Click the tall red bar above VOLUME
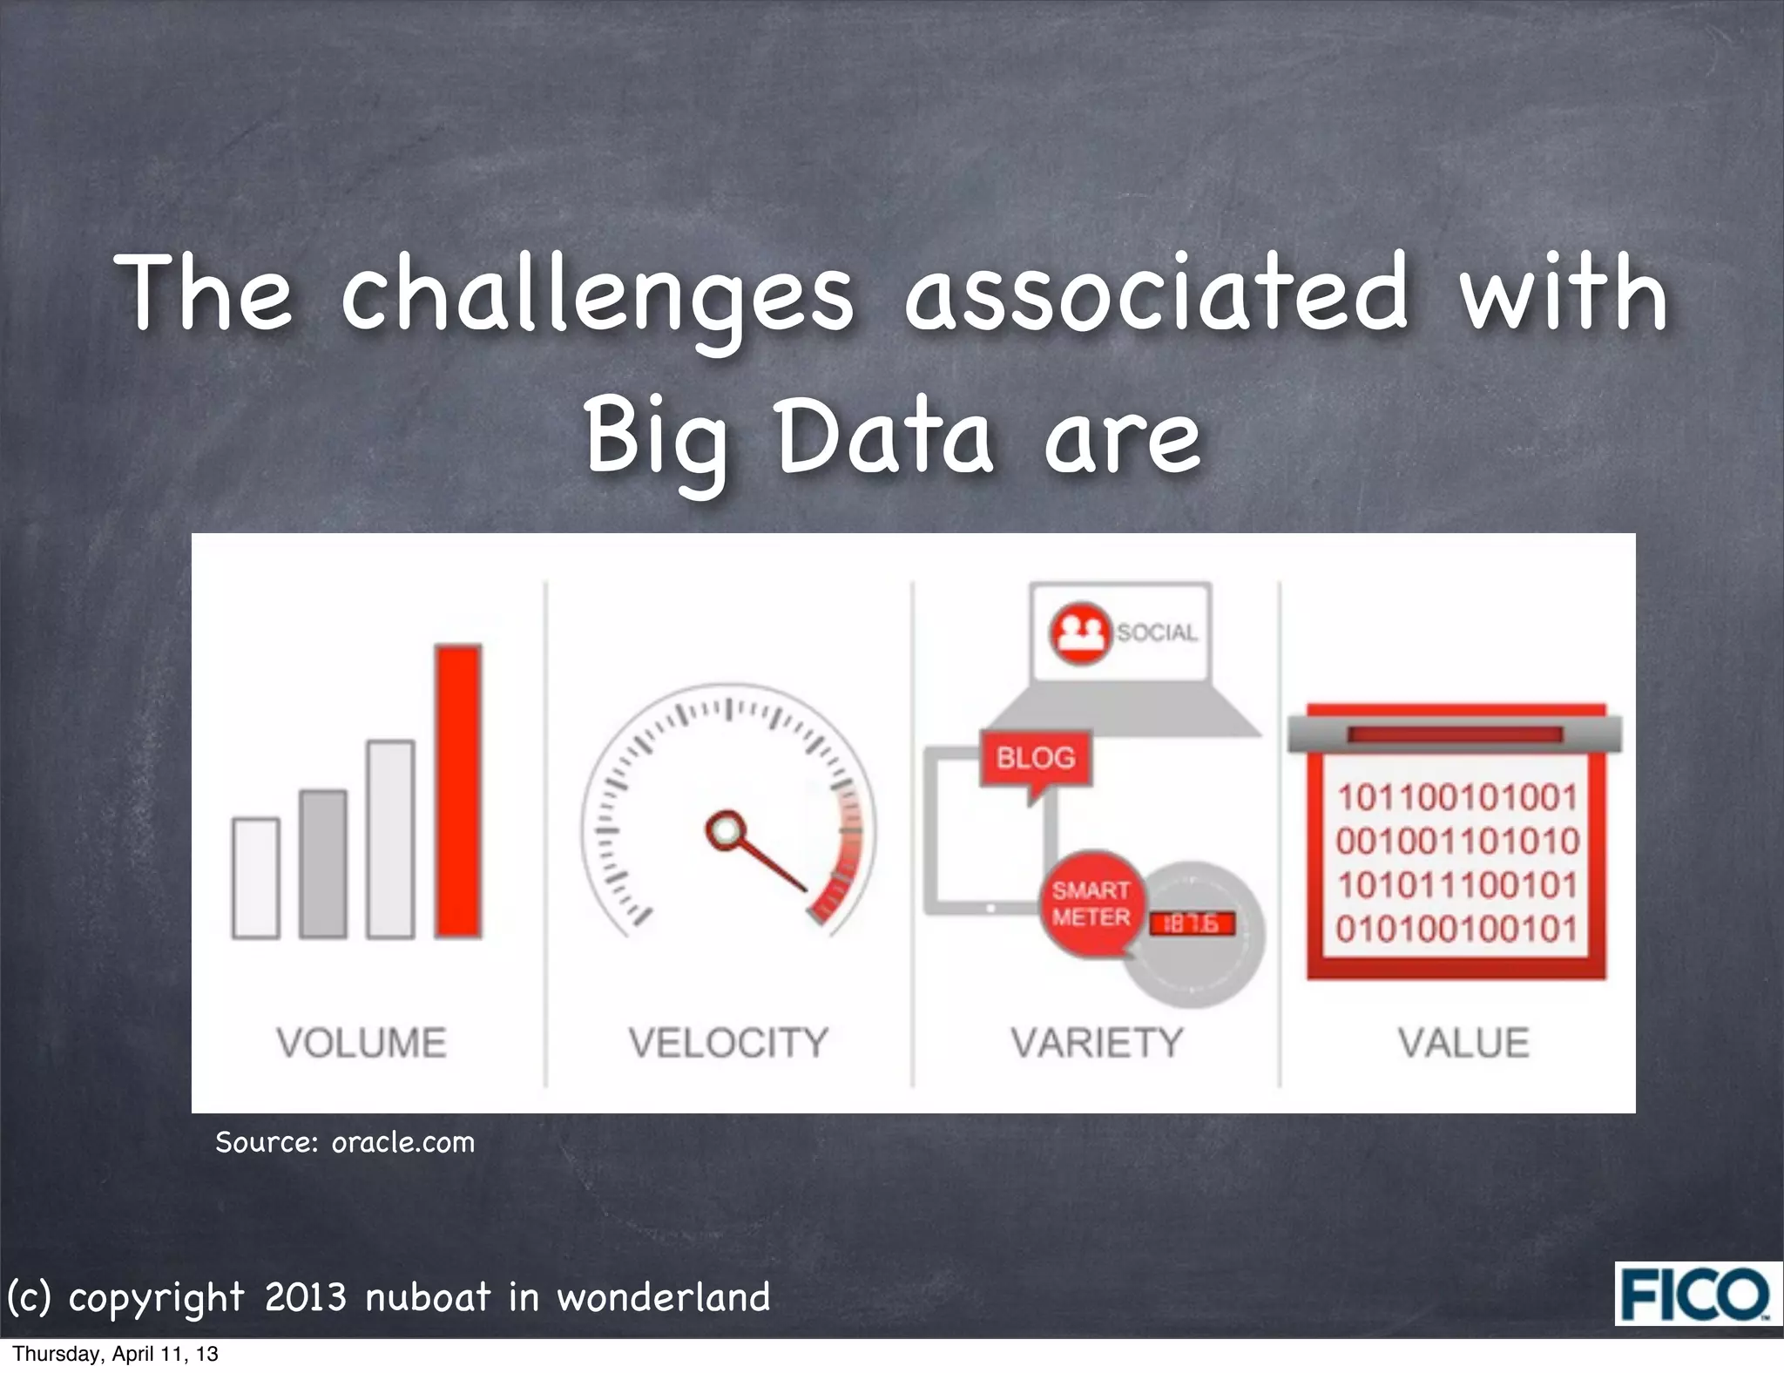click(458, 791)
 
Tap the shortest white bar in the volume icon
click(256, 878)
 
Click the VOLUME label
click(362, 1043)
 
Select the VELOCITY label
click(728, 1043)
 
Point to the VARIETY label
click(1097, 1043)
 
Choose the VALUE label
click(1463, 1043)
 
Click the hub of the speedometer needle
click(724, 829)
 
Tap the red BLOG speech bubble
click(1036, 759)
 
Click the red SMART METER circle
click(1091, 903)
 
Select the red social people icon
click(1080, 632)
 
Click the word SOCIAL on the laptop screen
click(1157, 632)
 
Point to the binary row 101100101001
click(1456, 797)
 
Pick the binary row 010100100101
click(1456, 929)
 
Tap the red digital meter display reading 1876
click(1193, 923)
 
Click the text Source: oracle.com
click(345, 1142)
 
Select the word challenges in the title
click(598, 294)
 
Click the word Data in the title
click(885, 436)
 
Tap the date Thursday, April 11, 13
click(115, 1354)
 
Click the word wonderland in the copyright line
click(664, 1297)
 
